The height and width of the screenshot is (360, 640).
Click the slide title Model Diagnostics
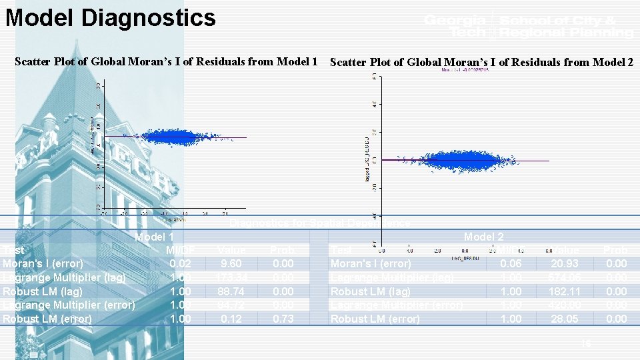coord(111,18)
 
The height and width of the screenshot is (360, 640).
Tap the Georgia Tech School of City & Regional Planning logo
coord(528,26)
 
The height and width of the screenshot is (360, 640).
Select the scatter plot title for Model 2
coord(481,63)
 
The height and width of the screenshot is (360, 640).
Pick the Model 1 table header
coord(155,237)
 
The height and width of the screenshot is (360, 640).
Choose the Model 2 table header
coord(483,237)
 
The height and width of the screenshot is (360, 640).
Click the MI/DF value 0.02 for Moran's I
coord(180,264)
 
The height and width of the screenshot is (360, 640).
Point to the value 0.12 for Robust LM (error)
coord(231,319)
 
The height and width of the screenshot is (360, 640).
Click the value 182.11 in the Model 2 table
coord(564,291)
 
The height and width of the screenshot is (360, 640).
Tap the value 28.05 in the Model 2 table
coord(564,319)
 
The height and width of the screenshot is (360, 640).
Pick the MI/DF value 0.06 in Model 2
coord(511,264)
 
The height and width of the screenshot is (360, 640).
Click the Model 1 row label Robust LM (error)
coord(47,319)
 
